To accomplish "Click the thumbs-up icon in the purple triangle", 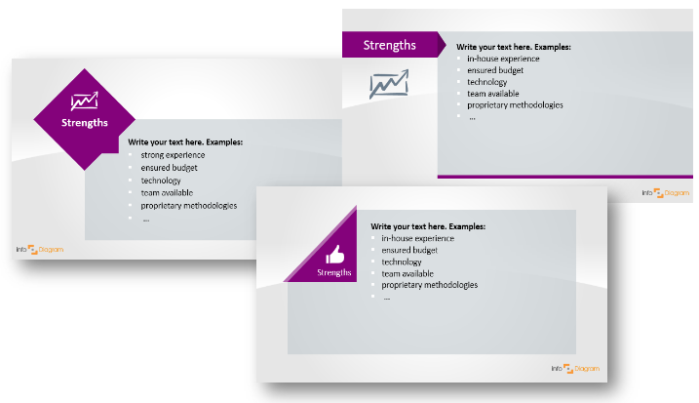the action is point(334,255).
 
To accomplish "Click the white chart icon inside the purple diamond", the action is point(84,101).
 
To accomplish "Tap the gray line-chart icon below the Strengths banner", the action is point(389,84).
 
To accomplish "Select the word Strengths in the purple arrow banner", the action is point(390,45).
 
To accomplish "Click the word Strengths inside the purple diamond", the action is point(84,123).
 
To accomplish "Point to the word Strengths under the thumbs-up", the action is point(333,272).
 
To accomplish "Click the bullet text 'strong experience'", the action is point(173,155).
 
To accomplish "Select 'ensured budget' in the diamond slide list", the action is point(169,168).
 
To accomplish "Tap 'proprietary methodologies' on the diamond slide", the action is point(189,206).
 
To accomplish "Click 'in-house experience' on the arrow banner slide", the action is point(503,59).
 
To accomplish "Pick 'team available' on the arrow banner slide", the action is point(493,94).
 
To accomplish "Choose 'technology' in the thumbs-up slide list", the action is point(402,262).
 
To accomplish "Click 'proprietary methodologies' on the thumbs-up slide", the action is point(429,285).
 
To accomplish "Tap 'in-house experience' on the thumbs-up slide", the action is point(417,238).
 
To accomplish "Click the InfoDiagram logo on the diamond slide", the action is point(40,250).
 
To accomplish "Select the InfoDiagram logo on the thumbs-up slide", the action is point(575,369).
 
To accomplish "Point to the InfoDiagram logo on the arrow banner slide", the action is point(666,193).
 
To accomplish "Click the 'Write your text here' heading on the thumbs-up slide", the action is point(428,226).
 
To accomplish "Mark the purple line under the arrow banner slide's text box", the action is point(565,177).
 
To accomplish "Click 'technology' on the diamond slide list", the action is point(161,181).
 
